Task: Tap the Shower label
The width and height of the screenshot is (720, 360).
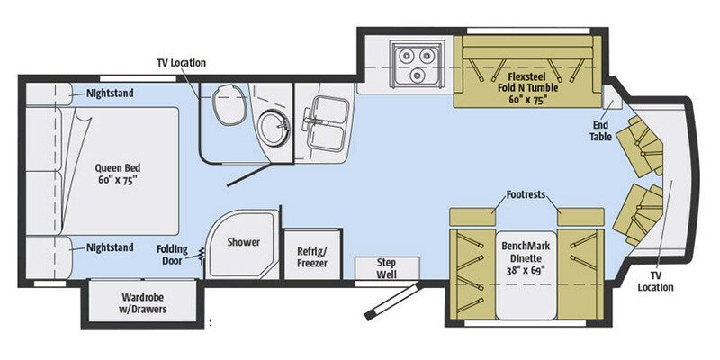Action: (x=243, y=242)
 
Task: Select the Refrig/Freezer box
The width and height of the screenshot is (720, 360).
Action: (x=306, y=257)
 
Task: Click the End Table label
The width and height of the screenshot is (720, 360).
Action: (x=601, y=130)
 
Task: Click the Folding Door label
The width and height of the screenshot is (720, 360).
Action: (x=172, y=253)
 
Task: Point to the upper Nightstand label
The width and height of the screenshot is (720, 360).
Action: (x=111, y=94)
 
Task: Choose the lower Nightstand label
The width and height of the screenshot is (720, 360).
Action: (x=111, y=247)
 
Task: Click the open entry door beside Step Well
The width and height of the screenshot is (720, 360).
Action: (x=393, y=301)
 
